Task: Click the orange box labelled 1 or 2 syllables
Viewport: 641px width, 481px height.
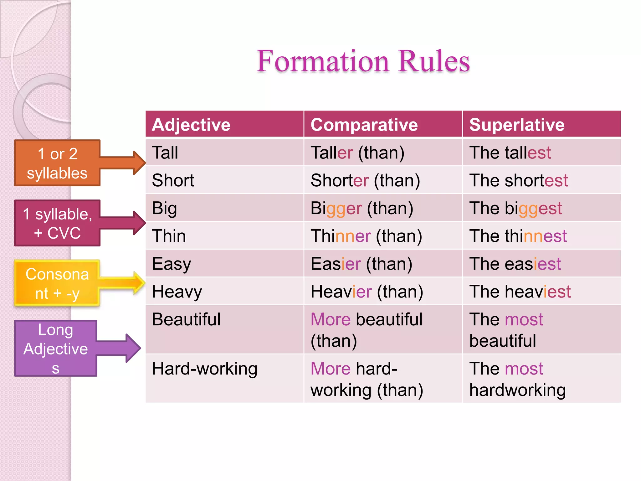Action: [x=57, y=163]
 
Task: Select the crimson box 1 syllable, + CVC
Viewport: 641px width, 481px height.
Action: [x=57, y=223]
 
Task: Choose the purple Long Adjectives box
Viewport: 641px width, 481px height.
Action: [x=56, y=348]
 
